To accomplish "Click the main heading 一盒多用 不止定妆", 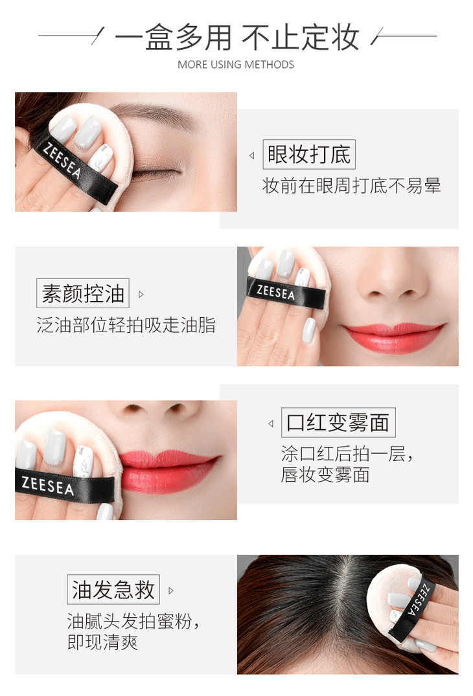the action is tap(236, 37).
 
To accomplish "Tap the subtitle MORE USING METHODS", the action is tap(236, 65).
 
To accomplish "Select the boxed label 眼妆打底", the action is tap(309, 154).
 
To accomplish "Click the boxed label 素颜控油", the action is tap(83, 293).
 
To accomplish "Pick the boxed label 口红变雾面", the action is tap(338, 422).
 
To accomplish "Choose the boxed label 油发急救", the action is tap(113, 589).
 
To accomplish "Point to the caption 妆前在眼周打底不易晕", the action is tap(351, 186).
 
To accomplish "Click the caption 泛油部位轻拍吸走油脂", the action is tap(126, 325).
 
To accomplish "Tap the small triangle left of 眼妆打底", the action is tap(252, 155).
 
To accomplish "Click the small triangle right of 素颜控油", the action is tap(141, 295).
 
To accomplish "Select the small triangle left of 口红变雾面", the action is tap(270, 424).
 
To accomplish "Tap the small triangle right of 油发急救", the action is tap(171, 591).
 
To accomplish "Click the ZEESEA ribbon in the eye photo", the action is tap(76, 170).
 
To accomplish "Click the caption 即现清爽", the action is tap(102, 642).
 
